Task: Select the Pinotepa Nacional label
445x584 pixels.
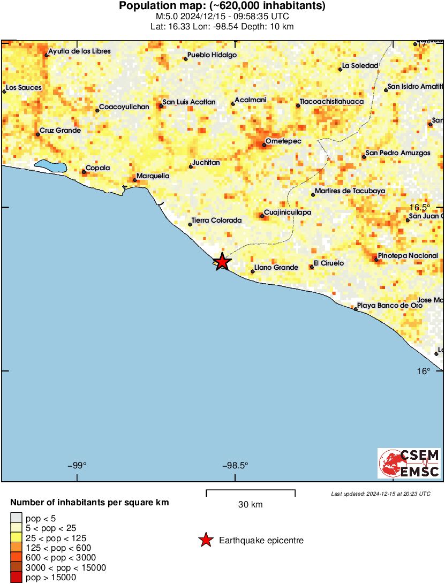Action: pos(408,256)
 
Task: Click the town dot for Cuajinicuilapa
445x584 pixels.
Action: pos(262,216)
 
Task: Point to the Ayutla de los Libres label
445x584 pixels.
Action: pos(79,51)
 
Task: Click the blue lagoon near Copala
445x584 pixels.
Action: pos(51,166)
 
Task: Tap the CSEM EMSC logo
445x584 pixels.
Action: pos(409,463)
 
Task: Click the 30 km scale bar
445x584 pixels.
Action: pos(251,491)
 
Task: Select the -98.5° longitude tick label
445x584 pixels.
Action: pos(237,465)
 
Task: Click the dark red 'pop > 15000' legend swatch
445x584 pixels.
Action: pos(17,577)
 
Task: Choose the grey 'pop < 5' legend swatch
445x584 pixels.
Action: pos(17,518)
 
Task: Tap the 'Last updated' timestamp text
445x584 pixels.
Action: pos(380,494)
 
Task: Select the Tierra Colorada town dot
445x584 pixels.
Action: pos(190,225)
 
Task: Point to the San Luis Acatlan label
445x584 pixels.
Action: pos(189,102)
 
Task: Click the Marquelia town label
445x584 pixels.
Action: pos(153,176)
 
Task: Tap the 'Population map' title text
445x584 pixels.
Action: pos(222,6)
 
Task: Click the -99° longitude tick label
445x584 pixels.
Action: pos(78,465)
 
